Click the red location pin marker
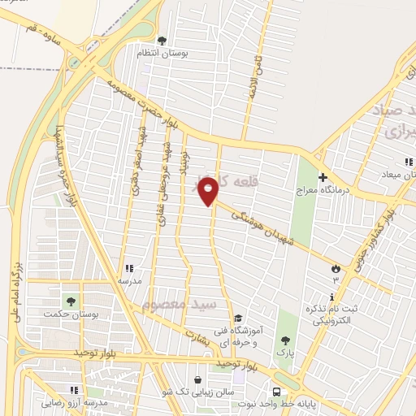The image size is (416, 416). point(209,191)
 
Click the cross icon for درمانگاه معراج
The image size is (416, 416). point(323,177)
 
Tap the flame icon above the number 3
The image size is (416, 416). point(336,267)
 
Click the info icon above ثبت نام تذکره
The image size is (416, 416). point(332,297)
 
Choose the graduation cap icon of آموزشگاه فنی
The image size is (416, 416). point(237,318)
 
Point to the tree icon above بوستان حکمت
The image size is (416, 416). point(71,301)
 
